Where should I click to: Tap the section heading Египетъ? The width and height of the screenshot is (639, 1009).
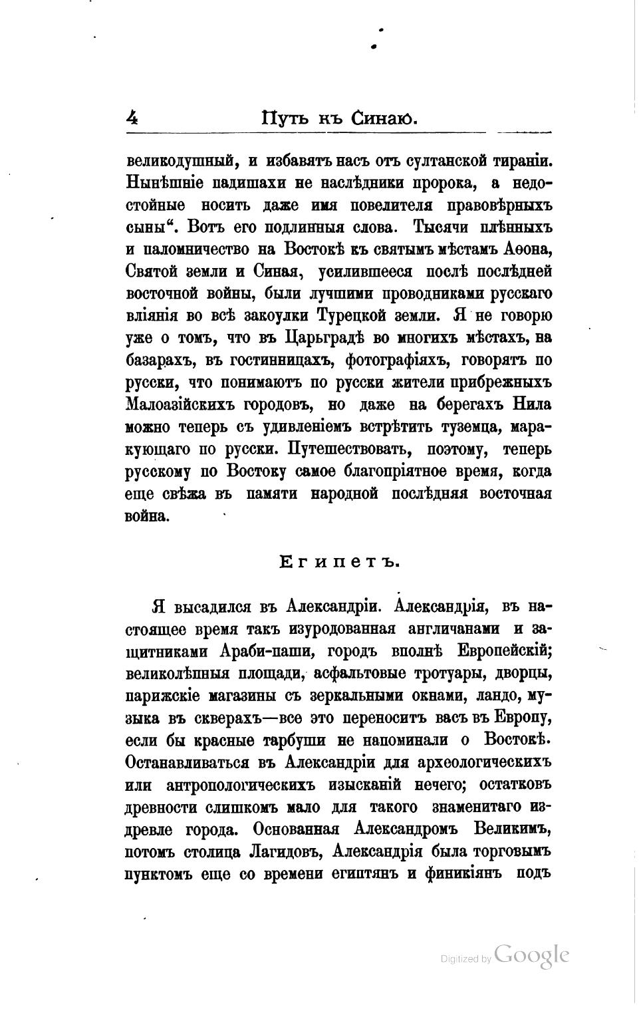pyautogui.click(x=338, y=562)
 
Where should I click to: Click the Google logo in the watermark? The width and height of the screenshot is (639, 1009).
pyautogui.click(x=532, y=955)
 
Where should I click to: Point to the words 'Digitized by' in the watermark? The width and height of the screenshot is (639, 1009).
pyautogui.click(x=466, y=959)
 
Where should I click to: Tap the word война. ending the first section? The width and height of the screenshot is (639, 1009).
pyautogui.click(x=147, y=515)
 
